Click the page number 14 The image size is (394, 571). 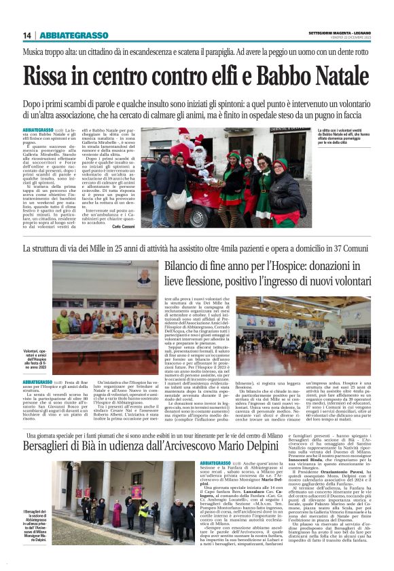(x=26, y=35)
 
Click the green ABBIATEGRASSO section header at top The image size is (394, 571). (x=73, y=35)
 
